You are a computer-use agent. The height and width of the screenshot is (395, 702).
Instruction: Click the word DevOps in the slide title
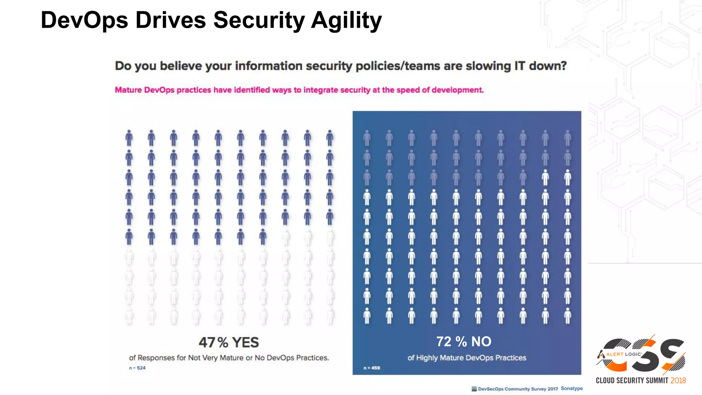click(x=84, y=21)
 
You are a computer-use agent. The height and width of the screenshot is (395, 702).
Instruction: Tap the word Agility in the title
click(x=346, y=21)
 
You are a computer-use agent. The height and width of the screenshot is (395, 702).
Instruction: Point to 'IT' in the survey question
click(x=519, y=65)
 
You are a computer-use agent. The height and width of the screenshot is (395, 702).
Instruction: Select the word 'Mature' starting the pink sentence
click(x=128, y=90)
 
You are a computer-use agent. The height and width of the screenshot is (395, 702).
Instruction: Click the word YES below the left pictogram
click(x=245, y=342)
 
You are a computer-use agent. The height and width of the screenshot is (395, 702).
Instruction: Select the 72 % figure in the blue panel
click(x=451, y=342)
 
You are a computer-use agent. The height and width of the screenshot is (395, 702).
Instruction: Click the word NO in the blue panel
click(x=481, y=342)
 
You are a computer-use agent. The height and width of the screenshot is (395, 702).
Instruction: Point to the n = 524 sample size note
click(x=137, y=368)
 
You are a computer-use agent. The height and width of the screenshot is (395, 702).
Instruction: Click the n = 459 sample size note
click(x=372, y=368)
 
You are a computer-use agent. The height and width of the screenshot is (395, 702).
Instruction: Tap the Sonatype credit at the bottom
click(x=571, y=388)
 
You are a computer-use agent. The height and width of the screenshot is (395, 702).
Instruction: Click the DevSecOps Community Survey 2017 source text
click(x=518, y=389)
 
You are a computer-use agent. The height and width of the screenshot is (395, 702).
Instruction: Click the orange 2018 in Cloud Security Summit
click(x=678, y=381)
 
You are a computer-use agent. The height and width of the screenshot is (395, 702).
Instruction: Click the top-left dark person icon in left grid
click(x=129, y=138)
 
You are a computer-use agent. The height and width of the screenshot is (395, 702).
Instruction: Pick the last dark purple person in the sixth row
click(x=263, y=237)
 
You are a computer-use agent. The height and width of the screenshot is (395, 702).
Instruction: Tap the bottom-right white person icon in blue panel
click(x=568, y=315)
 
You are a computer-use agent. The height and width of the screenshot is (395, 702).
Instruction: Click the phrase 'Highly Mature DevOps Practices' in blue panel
click(x=471, y=358)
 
